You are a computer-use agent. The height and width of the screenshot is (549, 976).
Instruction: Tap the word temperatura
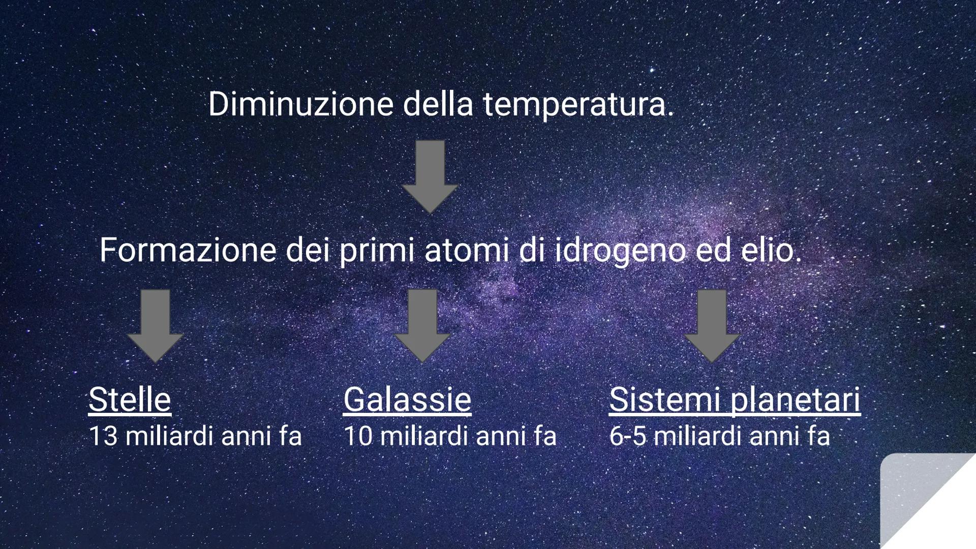(577, 105)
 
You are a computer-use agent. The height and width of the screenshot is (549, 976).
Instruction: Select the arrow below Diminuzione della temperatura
(430, 176)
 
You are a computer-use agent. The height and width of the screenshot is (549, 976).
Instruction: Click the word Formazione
(188, 250)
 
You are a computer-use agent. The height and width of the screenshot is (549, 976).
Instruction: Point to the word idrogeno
(620, 251)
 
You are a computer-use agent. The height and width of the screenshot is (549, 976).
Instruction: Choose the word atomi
(466, 250)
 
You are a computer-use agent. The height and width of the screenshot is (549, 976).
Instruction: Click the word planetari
(796, 400)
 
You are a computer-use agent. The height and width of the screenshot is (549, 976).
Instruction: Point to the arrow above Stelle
(155, 325)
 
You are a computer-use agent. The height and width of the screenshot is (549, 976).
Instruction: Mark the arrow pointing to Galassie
(422, 325)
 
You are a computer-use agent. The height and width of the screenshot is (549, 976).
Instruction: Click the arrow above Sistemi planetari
(712, 325)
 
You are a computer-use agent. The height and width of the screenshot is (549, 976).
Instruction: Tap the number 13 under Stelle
(103, 436)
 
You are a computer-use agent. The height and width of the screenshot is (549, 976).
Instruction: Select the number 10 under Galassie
(358, 436)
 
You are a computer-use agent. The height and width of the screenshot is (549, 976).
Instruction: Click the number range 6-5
(627, 436)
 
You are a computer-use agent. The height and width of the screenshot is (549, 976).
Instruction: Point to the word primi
(377, 251)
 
